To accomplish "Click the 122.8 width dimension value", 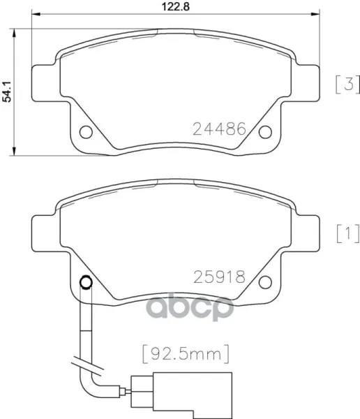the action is pos(176,6).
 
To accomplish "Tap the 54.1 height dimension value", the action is pos(7,91).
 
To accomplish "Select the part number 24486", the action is pos(219,128).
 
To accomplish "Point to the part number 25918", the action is pos(219,277).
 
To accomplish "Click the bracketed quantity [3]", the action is pos(347,84).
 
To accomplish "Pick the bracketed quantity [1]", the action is pos(348,234).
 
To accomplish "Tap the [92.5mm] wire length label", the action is pos(186,354).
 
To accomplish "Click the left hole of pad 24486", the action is pos(86,132).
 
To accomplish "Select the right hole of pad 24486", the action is pos(265,132).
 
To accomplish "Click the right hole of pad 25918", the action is pos(265,282).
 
